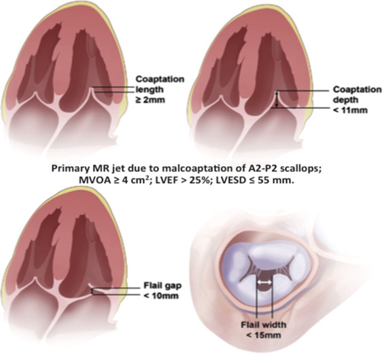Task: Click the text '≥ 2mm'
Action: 150,100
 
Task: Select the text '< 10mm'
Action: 161,296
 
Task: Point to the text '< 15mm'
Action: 263,335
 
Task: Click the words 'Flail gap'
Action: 162,286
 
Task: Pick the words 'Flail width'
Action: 264,325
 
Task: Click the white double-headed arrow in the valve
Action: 264,282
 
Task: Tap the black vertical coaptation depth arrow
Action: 277,99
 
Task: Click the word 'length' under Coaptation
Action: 150,90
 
